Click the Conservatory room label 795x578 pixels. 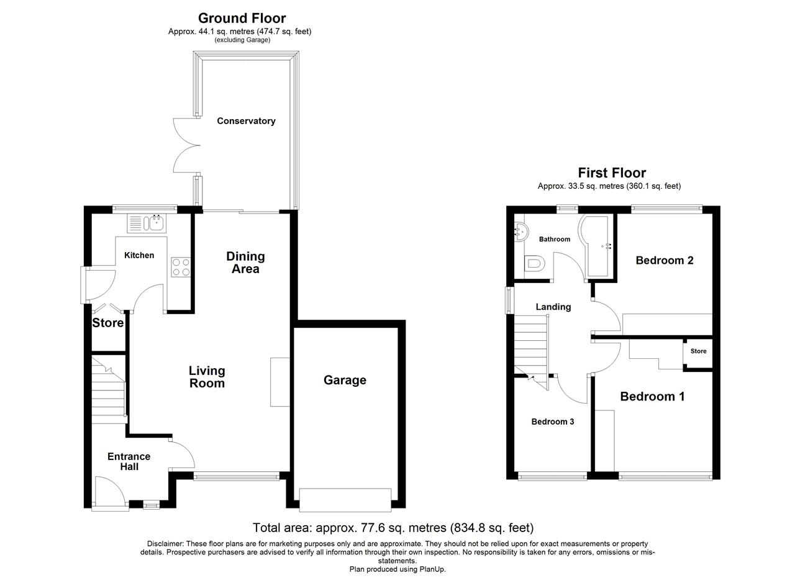tap(246, 121)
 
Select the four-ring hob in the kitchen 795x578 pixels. tap(181, 267)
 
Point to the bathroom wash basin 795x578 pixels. tap(521, 232)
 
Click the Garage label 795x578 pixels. tap(345, 380)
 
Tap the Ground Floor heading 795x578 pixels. tap(242, 18)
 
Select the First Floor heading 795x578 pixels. tap(612, 173)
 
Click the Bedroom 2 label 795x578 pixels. tap(665, 260)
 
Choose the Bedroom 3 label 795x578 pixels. tap(553, 422)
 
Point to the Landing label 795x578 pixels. tap(553, 307)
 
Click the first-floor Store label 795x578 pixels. tap(698, 351)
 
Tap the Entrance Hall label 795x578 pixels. tap(129, 461)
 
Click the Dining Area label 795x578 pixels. tap(245, 263)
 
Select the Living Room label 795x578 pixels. tap(207, 377)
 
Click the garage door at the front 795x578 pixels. tap(345, 500)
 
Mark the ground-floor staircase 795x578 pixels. tap(109, 390)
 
